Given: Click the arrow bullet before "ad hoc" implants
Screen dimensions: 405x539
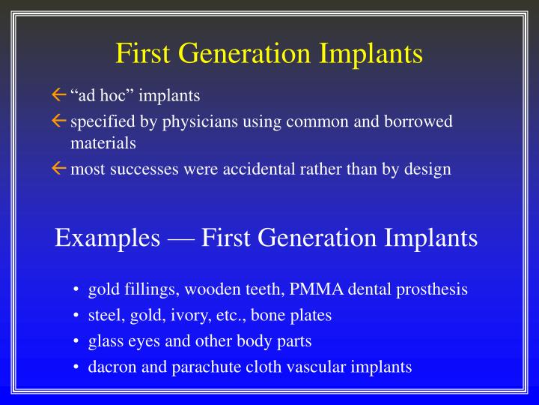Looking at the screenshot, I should coord(59,96).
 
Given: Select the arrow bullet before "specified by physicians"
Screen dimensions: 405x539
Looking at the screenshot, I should coord(59,121).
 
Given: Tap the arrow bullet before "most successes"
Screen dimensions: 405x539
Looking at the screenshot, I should coord(59,169).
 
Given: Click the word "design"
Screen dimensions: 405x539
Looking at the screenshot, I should coord(427,169).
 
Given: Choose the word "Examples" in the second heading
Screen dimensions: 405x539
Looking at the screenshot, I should coord(107,238).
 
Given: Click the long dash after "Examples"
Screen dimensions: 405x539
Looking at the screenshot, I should coord(182,238).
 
